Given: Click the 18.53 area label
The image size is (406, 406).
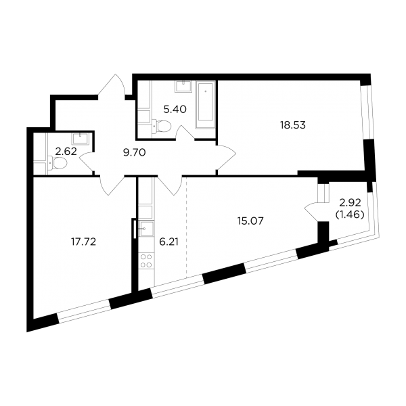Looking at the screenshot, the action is (x=292, y=125).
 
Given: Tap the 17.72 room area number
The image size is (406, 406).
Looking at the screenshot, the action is (x=83, y=242).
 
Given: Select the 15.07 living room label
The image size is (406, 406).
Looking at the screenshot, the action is (x=250, y=221).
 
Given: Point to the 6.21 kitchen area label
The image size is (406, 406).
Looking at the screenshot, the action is (x=168, y=242).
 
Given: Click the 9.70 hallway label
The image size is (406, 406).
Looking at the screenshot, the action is (x=135, y=153).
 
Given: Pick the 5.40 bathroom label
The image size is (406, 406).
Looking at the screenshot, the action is (x=175, y=110).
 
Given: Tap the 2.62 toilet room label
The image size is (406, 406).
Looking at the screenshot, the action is (x=66, y=152).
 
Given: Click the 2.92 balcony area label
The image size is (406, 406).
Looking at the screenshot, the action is (x=351, y=203).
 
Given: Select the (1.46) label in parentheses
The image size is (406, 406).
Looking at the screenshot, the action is (x=350, y=215).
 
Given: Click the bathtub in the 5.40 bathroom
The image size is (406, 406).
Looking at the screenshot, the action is (x=206, y=105).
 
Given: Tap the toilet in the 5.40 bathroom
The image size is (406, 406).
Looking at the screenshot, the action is (x=162, y=126).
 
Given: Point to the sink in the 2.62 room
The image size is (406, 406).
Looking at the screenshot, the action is (x=81, y=139).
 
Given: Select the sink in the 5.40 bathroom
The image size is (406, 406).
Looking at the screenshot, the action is (x=183, y=87).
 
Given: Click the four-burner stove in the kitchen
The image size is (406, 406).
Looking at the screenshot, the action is (x=146, y=261).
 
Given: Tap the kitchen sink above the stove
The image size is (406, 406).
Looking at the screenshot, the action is (x=147, y=229).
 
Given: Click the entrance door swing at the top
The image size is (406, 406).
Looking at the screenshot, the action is (x=112, y=85).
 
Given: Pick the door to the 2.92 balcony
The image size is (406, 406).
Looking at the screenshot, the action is (x=312, y=211).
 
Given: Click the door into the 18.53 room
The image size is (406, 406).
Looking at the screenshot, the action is (x=226, y=156).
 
